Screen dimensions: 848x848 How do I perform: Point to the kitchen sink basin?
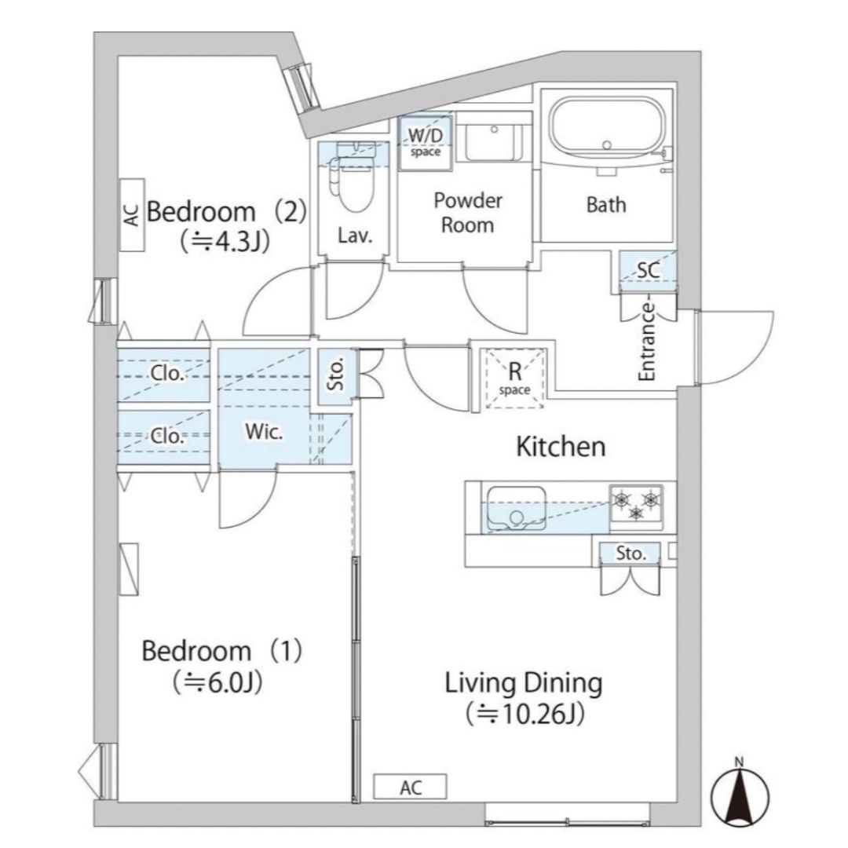516,508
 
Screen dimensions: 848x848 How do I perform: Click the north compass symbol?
740,793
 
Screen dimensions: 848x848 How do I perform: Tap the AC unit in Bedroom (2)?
131,214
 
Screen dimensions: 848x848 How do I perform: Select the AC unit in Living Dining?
411,787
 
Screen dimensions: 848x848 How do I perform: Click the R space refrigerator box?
515,378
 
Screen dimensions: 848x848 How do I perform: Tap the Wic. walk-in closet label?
264,432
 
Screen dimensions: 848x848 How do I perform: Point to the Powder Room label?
468,213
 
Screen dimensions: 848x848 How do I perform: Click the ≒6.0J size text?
218,682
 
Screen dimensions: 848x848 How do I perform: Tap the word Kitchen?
561,447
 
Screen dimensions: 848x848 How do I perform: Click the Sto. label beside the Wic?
336,375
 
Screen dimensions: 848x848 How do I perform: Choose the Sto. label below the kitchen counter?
631,554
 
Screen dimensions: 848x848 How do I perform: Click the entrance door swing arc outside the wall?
757,357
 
